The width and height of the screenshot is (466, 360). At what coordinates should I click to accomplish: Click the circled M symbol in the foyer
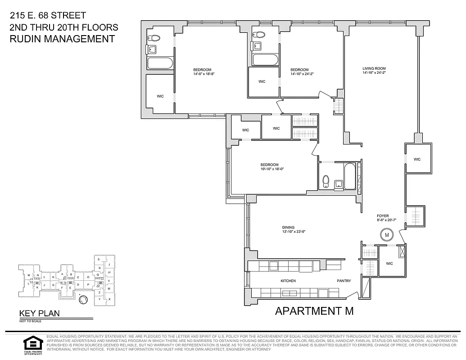(x=386, y=234)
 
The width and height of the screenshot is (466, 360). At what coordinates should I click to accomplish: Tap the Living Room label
(x=374, y=69)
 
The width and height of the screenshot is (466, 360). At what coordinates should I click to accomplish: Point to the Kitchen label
(x=288, y=281)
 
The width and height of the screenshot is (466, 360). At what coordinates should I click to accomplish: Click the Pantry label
(x=344, y=281)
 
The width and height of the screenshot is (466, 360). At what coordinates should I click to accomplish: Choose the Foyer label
(x=383, y=216)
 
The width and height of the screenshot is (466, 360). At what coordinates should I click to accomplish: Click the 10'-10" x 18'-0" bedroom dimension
(x=272, y=169)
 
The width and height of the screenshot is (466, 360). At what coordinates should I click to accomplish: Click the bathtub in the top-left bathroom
(x=160, y=63)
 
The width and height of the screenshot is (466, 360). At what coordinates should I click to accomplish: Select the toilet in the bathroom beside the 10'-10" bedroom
(x=326, y=182)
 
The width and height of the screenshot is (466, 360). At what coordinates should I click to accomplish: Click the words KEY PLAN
(x=39, y=314)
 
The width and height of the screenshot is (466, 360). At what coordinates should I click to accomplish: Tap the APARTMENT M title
(x=314, y=310)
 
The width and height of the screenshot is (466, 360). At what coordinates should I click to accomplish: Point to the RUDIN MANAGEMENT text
(x=62, y=39)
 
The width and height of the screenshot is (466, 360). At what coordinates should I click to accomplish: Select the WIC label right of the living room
(x=417, y=159)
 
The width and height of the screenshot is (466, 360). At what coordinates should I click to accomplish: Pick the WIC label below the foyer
(x=389, y=263)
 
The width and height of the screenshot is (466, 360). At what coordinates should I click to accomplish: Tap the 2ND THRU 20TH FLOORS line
(x=63, y=27)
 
